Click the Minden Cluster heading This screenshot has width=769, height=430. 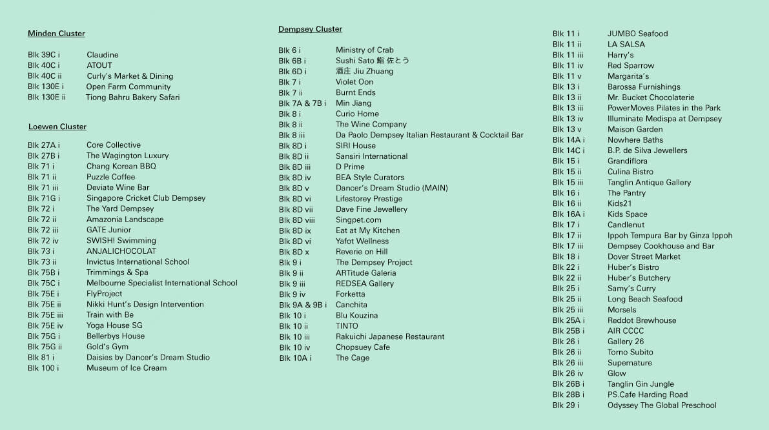coord(56,34)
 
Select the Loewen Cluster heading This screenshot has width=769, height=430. coord(57,127)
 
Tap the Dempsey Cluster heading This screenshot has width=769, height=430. coord(310,29)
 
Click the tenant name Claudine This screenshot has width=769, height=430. coord(102,55)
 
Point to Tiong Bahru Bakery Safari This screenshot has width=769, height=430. coord(132,97)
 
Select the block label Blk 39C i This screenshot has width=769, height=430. coord(43,55)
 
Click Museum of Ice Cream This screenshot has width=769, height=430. coord(127,368)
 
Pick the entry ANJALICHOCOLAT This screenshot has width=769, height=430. coord(121,251)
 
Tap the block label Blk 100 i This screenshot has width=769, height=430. coord(43,368)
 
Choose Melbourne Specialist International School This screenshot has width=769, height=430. coord(162,283)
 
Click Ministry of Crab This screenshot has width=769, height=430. coord(364,50)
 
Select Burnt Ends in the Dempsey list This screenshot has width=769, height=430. coord(355,92)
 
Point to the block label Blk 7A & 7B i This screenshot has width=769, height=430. coord(302,103)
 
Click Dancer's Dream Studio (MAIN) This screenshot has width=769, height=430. coord(391,188)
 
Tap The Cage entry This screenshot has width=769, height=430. coord(352,358)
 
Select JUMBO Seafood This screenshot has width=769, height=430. coord(637,34)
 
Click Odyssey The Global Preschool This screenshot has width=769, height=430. coord(662,405)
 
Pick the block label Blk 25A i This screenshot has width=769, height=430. coord(568,320)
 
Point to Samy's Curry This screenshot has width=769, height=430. coord(631,289)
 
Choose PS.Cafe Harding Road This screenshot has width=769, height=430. coord(647,394)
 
